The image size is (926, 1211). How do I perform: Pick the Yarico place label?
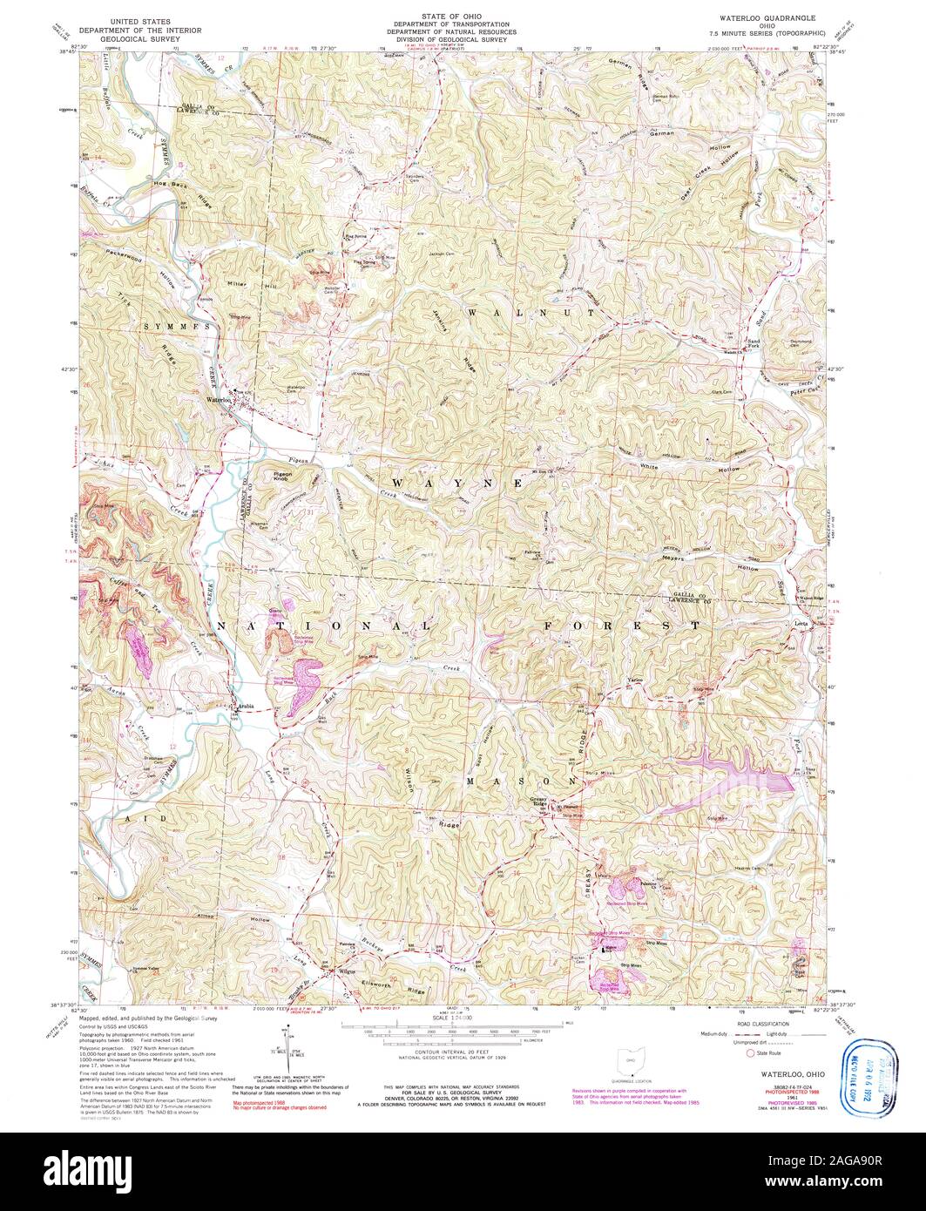tap(635, 678)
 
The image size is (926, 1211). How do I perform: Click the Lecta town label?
tap(801, 624)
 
